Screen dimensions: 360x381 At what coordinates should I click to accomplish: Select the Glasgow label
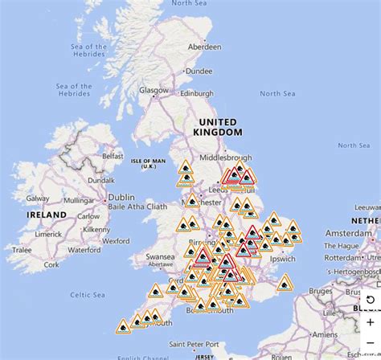click(x=154, y=91)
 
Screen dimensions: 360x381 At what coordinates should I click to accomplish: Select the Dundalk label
click(x=100, y=182)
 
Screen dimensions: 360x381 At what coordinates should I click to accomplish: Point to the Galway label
click(x=38, y=198)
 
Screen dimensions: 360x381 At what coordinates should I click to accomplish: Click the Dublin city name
click(x=121, y=197)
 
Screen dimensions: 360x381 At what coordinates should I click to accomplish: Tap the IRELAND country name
click(x=47, y=216)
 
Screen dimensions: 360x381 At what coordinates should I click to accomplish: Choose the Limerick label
click(x=47, y=233)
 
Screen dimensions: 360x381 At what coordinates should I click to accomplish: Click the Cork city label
click(x=52, y=264)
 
